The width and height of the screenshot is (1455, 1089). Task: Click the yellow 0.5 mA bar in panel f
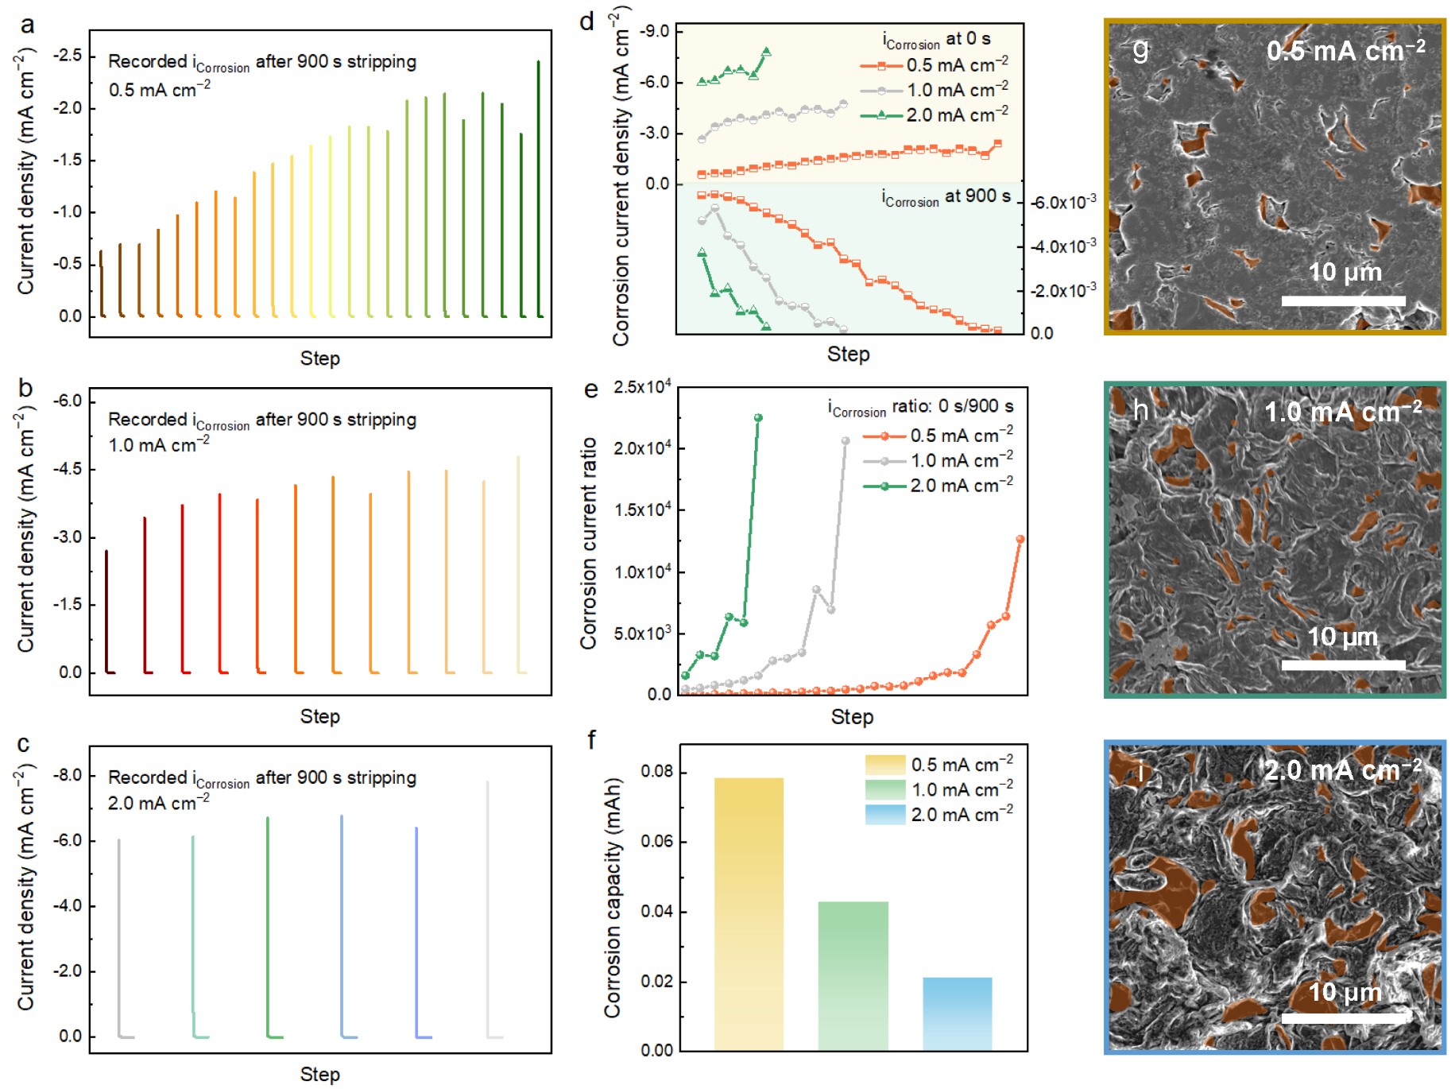(x=749, y=914)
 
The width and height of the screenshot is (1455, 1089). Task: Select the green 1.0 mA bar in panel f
(x=853, y=976)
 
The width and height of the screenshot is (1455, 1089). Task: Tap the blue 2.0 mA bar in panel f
(x=957, y=1014)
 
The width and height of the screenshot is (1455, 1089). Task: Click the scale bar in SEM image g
(x=1343, y=301)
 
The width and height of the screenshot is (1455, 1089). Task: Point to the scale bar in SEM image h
(x=1343, y=665)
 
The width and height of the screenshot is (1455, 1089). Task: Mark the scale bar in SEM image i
(x=1343, y=1018)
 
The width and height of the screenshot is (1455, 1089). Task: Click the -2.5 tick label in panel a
(x=68, y=56)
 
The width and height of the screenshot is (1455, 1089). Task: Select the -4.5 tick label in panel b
(x=68, y=469)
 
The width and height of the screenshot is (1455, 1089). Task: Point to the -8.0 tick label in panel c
(x=68, y=776)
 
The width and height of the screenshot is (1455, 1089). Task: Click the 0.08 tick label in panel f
(x=657, y=772)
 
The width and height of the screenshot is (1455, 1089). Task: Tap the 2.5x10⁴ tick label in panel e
(x=642, y=388)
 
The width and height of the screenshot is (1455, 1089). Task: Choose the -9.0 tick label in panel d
(x=655, y=32)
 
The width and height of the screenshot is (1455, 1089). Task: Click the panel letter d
(x=587, y=22)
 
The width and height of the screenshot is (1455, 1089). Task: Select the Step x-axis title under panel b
(x=319, y=717)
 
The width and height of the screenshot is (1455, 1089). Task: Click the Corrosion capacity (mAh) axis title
(x=612, y=898)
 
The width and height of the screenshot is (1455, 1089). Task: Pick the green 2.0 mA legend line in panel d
(x=881, y=115)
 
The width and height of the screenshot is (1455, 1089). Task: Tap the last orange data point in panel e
(x=1020, y=540)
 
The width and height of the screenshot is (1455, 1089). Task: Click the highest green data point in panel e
(x=758, y=418)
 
